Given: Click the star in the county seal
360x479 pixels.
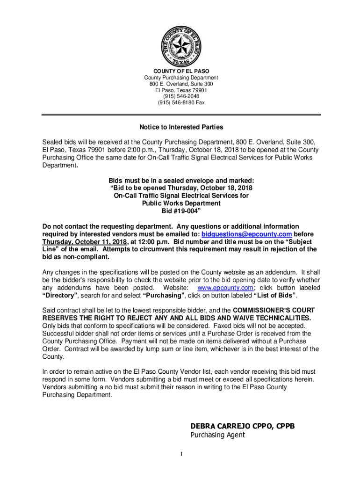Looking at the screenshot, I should coord(180,45).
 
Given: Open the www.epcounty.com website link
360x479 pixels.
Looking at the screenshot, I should coord(226,288).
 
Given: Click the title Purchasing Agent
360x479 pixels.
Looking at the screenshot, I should coord(217,435).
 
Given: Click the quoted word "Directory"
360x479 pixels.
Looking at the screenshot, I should coord(60,296).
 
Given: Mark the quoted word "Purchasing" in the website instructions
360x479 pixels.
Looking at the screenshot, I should coord(164,296).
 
